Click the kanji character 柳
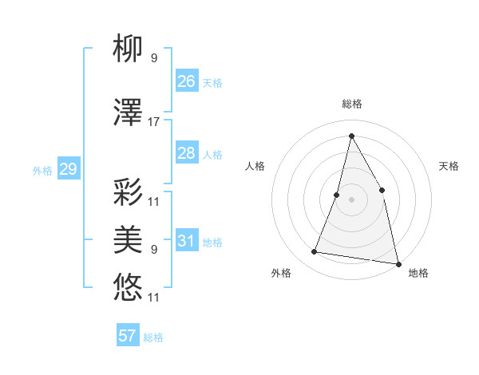pyautogui.click(x=128, y=50)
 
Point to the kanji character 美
pyautogui.click(x=128, y=239)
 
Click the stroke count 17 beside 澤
pyautogui.click(x=154, y=122)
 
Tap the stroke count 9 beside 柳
pyautogui.click(x=154, y=58)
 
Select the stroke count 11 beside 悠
pyautogui.click(x=154, y=298)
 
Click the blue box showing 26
pyautogui.click(x=186, y=81)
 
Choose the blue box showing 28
pyautogui.click(x=186, y=153)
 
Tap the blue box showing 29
pyautogui.click(x=68, y=169)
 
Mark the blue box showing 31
pyautogui.click(x=186, y=241)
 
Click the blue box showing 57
pyautogui.click(x=128, y=336)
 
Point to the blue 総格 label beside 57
pyautogui.click(x=153, y=337)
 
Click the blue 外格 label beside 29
pyautogui.click(x=42, y=170)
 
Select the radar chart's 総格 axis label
pyautogui.click(x=351, y=104)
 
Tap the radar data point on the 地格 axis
pyautogui.click(x=398, y=263)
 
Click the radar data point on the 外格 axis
pyautogui.click(x=315, y=252)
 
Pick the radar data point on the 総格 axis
pyautogui.click(x=351, y=135)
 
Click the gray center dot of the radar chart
pyautogui.click(x=351, y=199)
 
